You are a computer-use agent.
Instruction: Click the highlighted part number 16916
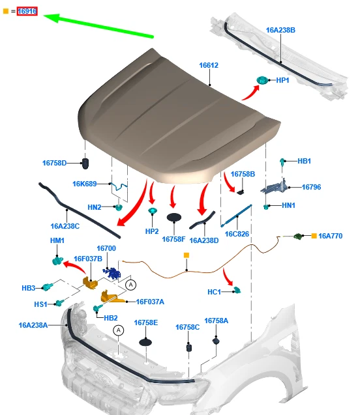[27, 11]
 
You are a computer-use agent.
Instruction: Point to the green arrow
[98, 26]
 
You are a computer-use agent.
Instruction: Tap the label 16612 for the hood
[209, 65]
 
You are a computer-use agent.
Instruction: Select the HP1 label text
[282, 80]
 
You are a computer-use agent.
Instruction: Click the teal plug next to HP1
[262, 80]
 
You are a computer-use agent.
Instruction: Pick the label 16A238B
[280, 30]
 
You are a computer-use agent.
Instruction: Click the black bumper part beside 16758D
[85, 164]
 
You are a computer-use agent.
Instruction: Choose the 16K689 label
[85, 184]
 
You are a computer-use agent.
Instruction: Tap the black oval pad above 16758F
[174, 218]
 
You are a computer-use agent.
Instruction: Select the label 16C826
[237, 234]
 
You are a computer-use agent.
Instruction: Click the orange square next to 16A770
[314, 236]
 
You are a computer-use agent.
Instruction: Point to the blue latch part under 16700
[112, 273]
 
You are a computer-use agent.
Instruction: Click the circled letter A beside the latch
[130, 285]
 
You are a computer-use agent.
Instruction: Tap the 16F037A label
[150, 302]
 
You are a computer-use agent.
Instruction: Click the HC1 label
[214, 292]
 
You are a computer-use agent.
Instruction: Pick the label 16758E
[145, 322]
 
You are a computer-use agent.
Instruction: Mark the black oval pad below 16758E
[145, 342]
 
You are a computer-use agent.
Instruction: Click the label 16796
[311, 187]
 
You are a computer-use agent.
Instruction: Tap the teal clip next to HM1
[57, 261]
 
